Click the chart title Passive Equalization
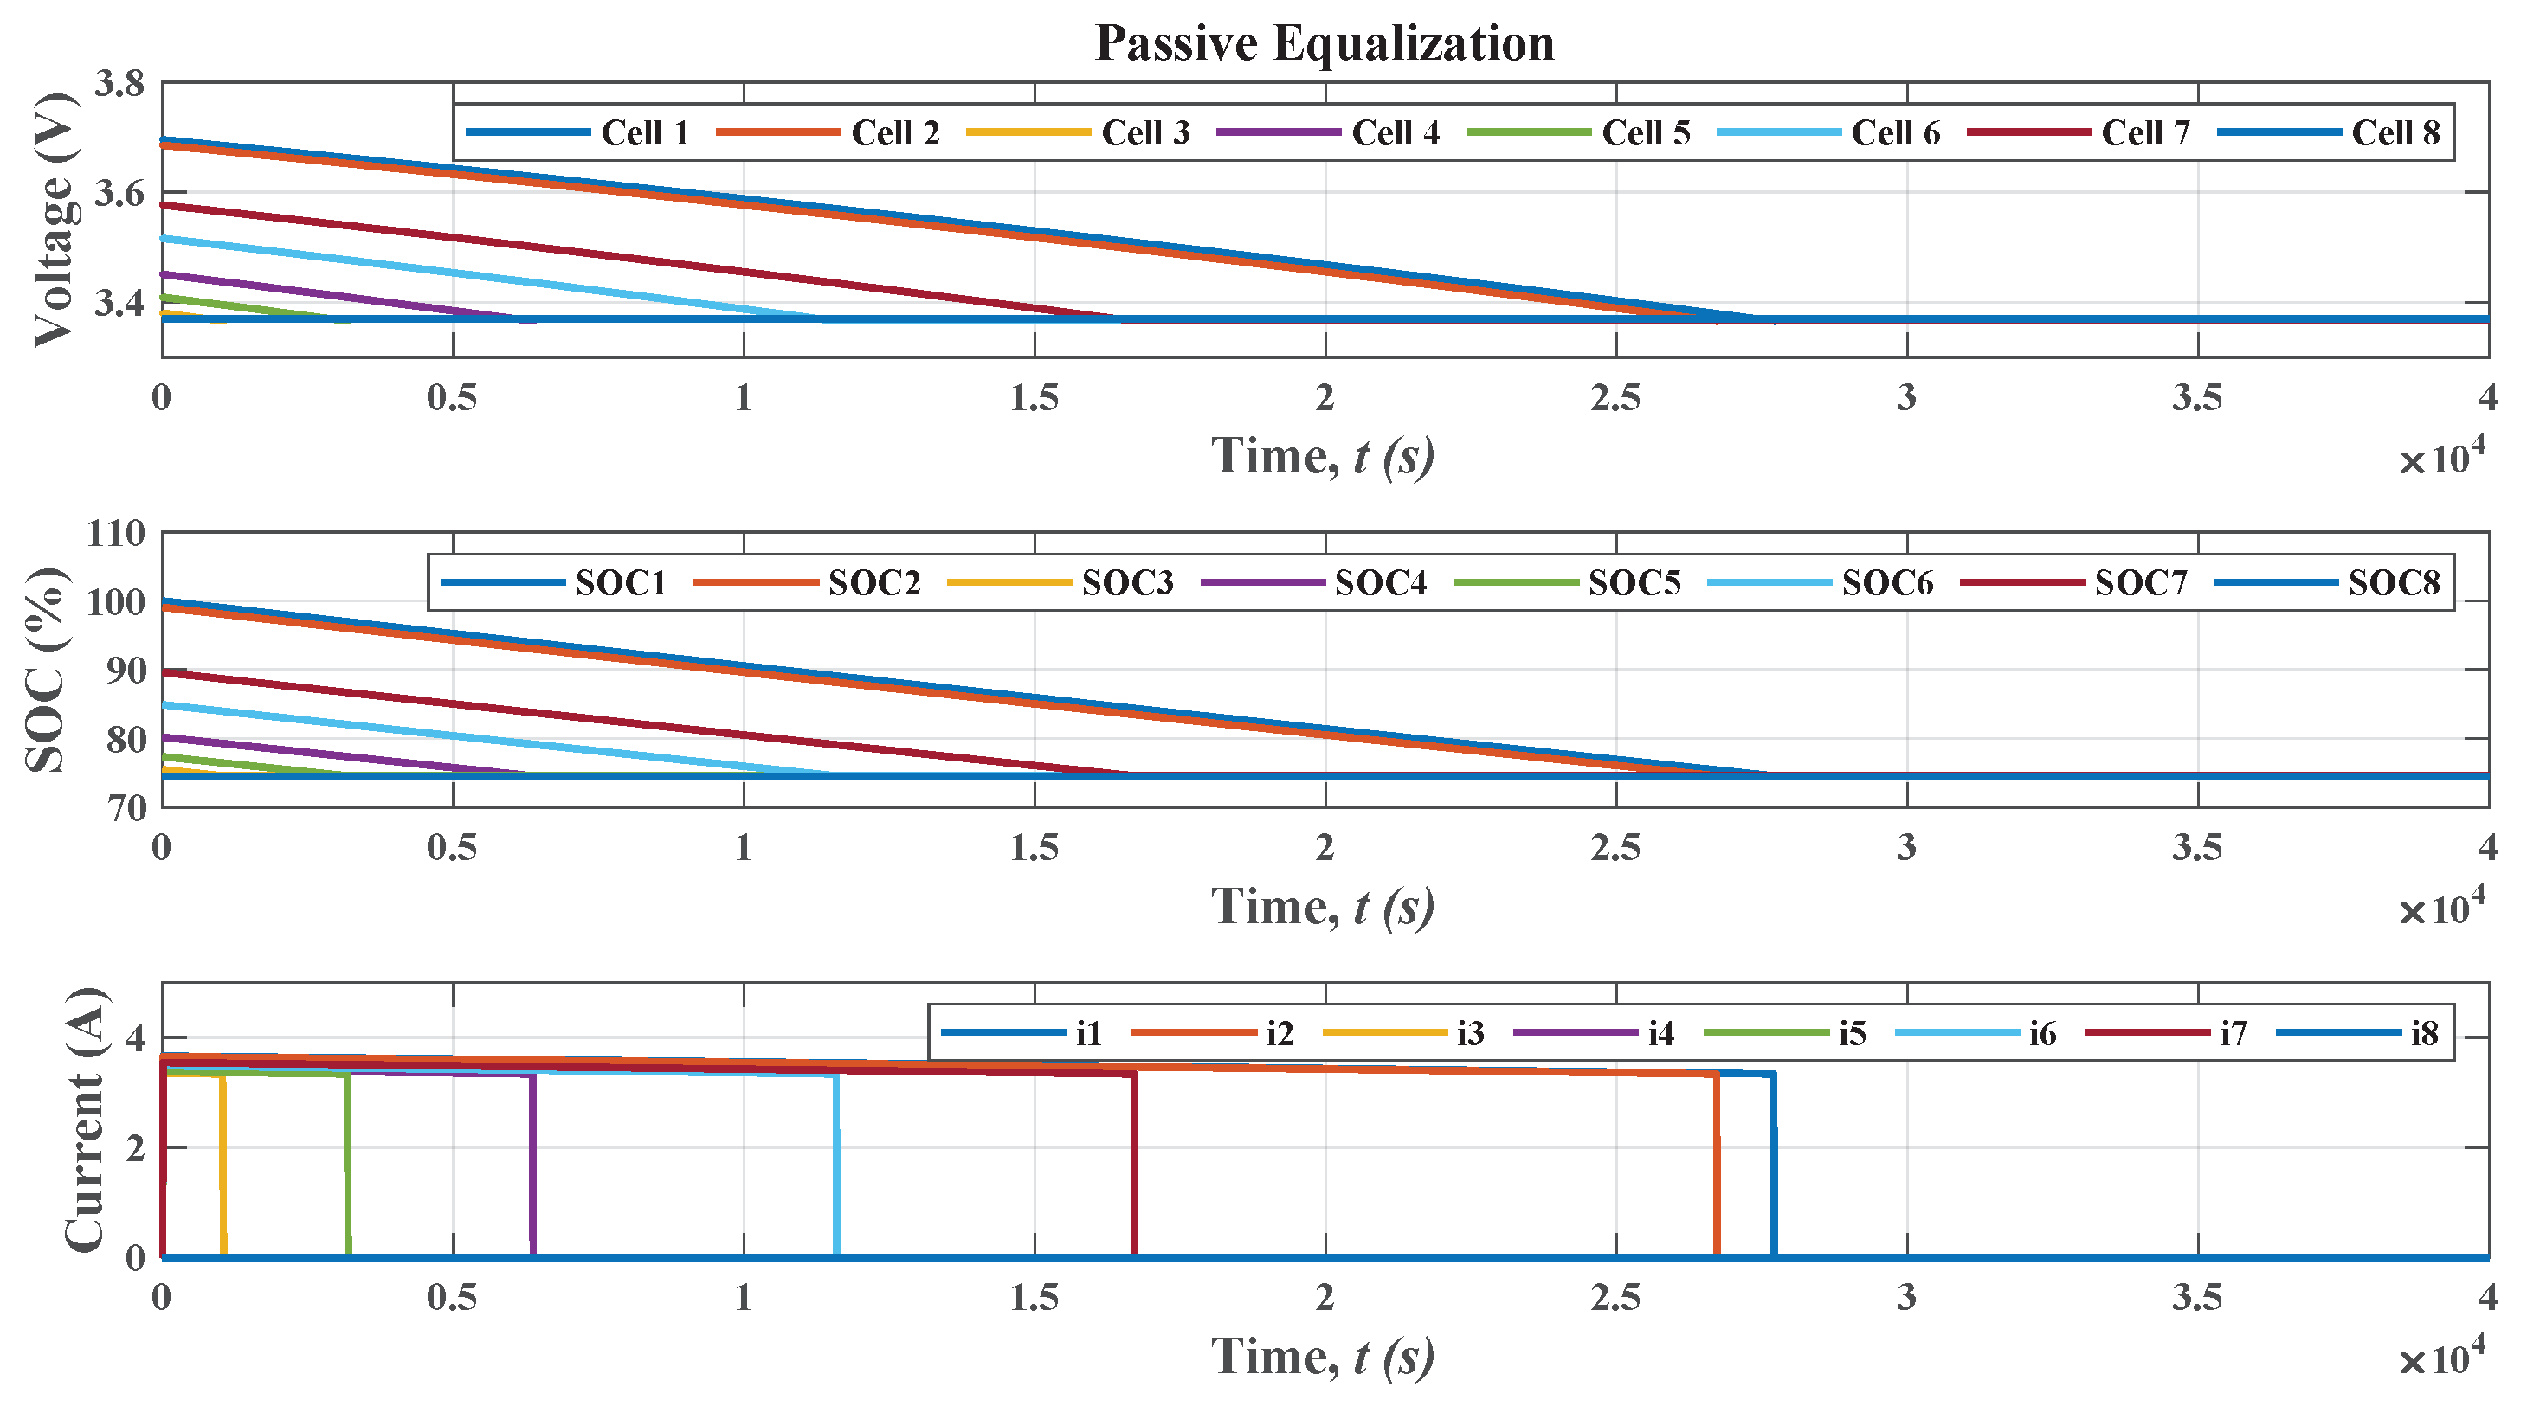pos(1324,43)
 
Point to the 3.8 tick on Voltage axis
pos(119,84)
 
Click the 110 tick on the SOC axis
pos(116,535)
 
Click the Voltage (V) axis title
pos(54,220)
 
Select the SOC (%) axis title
pos(46,670)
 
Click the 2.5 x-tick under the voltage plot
pos(1615,398)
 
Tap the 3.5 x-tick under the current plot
pos(2196,1297)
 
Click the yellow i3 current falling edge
pos(223,1167)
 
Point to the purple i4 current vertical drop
pos(532,1167)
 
